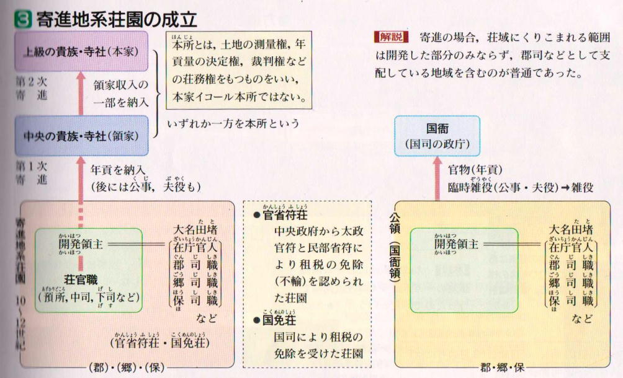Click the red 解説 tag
tap(387, 35)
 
